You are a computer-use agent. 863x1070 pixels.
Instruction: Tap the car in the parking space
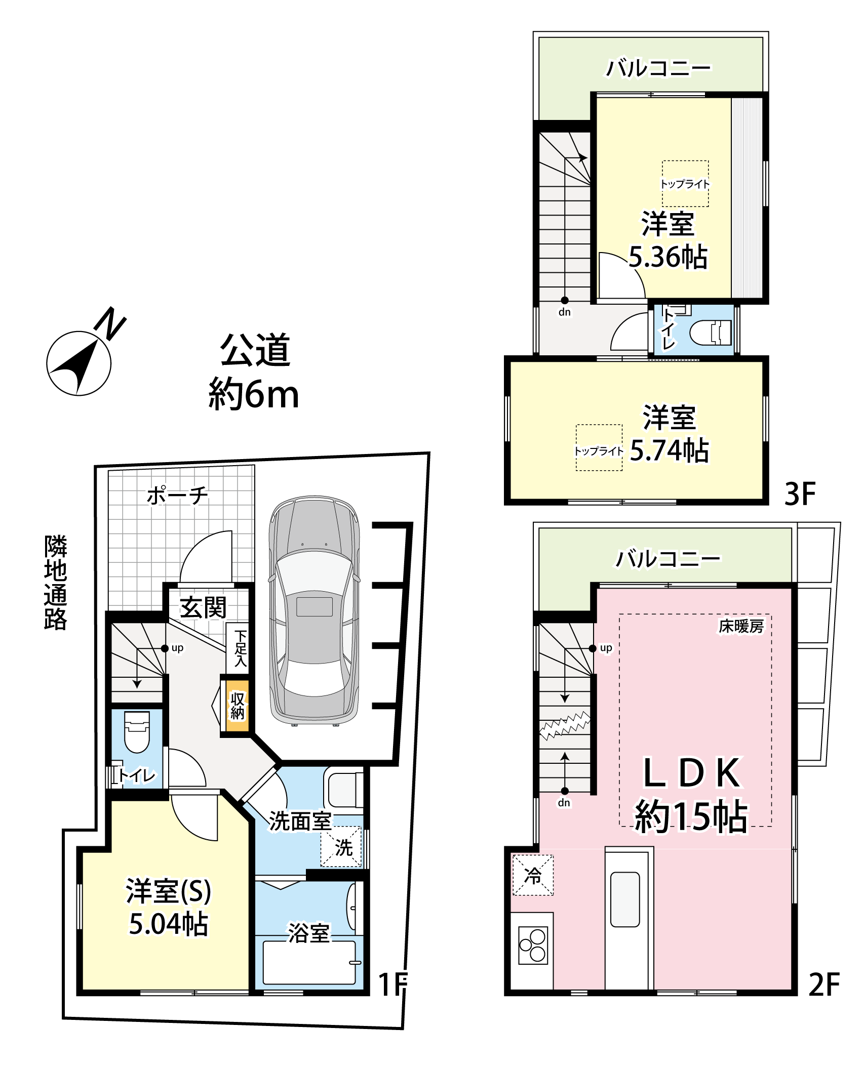pos(315,611)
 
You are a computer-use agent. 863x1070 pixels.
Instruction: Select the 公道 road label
pos(255,350)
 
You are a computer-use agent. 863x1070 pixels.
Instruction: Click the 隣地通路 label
pos(55,582)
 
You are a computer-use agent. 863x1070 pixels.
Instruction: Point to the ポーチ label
pos(177,496)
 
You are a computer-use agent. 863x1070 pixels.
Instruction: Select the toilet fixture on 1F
pos(137,732)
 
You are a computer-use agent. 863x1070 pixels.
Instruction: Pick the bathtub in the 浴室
pos(309,962)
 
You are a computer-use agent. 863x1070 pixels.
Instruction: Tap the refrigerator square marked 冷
pos(533,875)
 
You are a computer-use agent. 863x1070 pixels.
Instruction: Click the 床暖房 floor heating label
pos(741,627)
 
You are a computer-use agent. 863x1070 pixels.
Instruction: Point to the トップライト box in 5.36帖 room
pos(685,184)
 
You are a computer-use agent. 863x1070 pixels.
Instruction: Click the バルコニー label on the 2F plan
pos(668,559)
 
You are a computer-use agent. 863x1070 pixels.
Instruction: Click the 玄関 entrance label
pos(204,607)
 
